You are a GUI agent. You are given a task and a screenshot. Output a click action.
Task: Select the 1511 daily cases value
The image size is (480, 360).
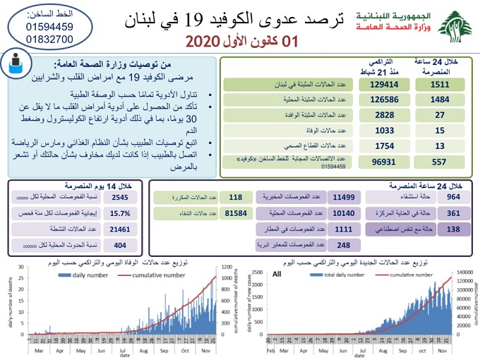coord(439,85)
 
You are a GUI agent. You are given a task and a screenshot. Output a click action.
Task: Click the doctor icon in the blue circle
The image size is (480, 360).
coord(16,66)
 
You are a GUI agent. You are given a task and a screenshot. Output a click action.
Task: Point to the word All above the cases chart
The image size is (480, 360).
coord(277,273)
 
